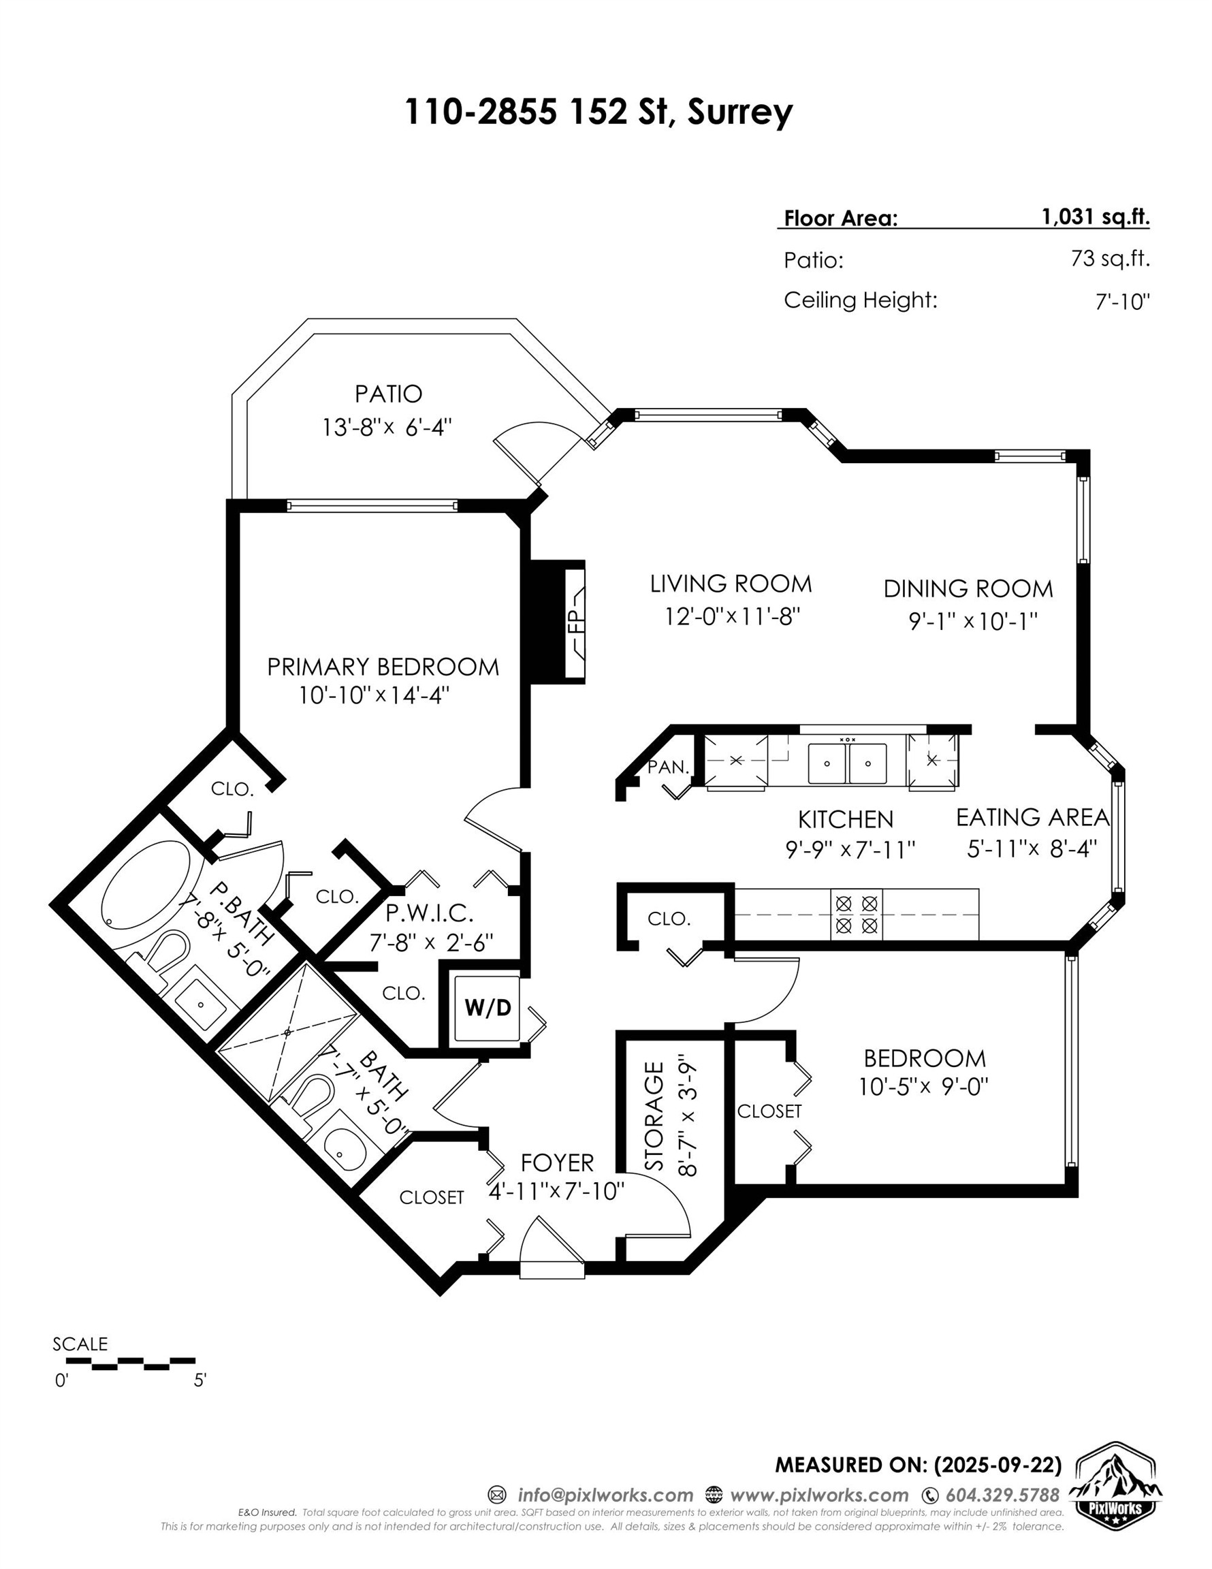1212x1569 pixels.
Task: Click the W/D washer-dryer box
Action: tap(487, 1008)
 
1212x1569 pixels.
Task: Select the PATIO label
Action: tap(388, 394)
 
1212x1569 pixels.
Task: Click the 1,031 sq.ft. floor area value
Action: tap(1095, 217)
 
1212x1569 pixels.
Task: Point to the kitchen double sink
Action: tap(847, 763)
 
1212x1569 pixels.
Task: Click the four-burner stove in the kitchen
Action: tap(857, 914)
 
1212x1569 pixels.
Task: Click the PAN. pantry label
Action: tap(668, 767)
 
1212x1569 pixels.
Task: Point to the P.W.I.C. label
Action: tap(429, 914)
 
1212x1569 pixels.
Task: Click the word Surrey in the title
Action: tap(739, 112)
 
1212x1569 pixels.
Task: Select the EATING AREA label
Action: tap(1032, 818)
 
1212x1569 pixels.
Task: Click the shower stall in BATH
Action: tap(287, 1032)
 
